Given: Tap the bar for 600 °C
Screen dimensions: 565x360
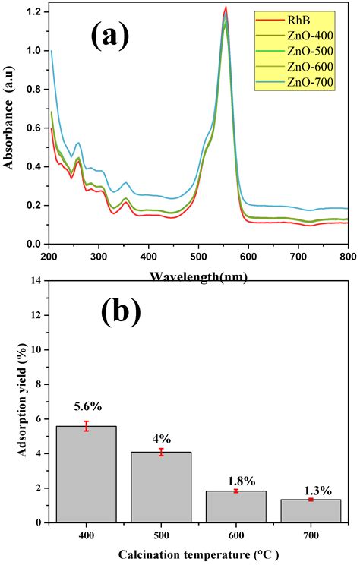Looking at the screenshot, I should pyautogui.click(x=236, y=507).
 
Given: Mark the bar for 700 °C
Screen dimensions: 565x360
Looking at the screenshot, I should pyautogui.click(x=311, y=510).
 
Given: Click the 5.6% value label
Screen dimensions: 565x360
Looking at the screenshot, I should pyautogui.click(x=86, y=407).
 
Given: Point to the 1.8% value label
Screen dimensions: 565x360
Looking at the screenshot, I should pyautogui.click(x=236, y=480).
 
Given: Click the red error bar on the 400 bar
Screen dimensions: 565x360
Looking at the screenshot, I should pyautogui.click(x=86, y=426).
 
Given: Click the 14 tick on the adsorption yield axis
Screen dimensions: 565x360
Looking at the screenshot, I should pyautogui.click(x=35, y=280).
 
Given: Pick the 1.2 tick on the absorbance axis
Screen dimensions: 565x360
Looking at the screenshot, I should pyautogui.click(x=33, y=12).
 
